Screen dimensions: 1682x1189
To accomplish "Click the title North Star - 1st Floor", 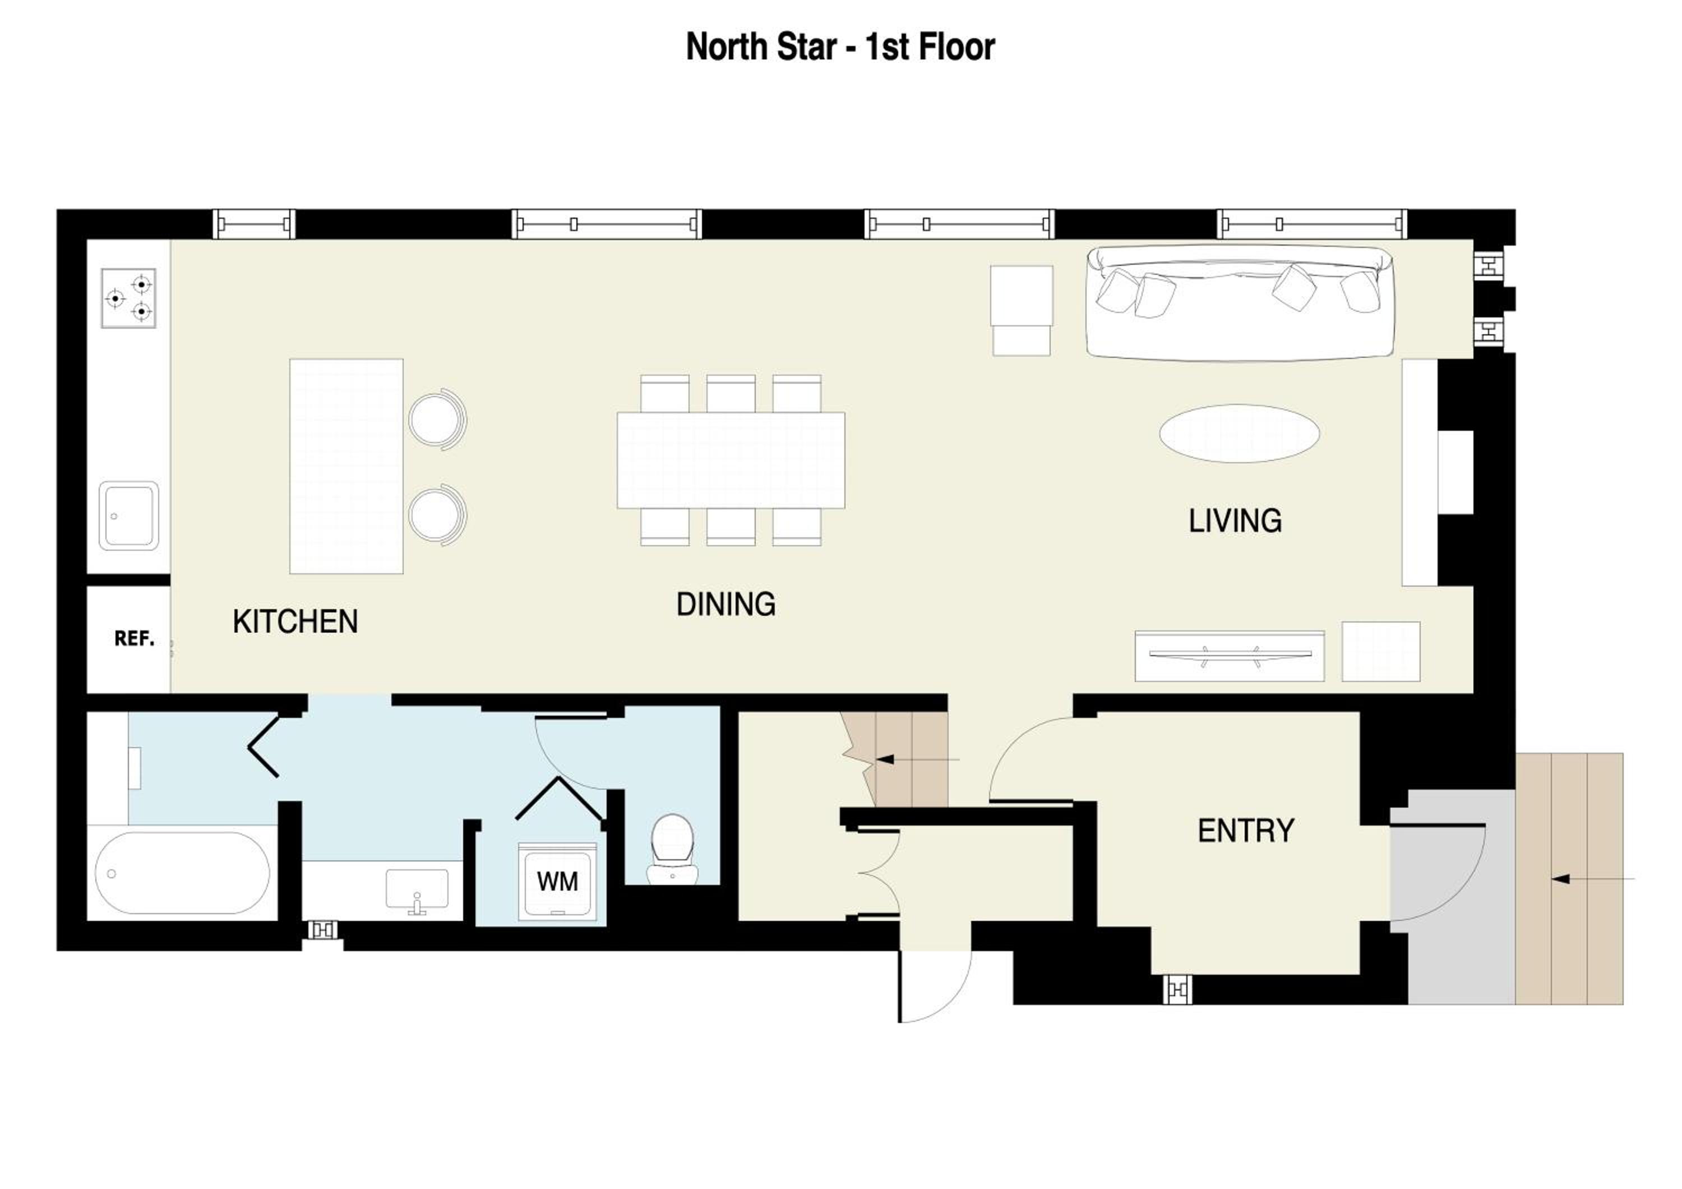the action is (x=840, y=47).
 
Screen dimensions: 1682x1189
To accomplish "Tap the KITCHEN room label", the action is (x=295, y=622).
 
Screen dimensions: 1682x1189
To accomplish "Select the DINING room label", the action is (x=726, y=605).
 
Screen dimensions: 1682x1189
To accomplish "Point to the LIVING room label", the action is (x=1235, y=521).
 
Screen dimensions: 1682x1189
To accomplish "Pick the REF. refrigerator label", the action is (x=134, y=639).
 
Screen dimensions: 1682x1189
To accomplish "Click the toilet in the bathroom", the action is (x=672, y=849).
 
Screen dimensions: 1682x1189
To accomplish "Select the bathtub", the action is (x=182, y=873).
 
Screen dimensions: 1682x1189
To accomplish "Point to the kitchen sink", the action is (x=129, y=516).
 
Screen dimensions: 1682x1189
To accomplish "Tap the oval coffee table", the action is (x=1240, y=433).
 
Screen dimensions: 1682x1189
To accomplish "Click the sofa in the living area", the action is (x=1240, y=302).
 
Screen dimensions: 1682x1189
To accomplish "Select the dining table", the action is (x=731, y=460).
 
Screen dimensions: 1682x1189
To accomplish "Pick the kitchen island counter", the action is (x=346, y=466).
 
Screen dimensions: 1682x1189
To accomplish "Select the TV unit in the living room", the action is (x=1230, y=656).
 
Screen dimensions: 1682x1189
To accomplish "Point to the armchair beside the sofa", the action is (x=1022, y=311).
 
